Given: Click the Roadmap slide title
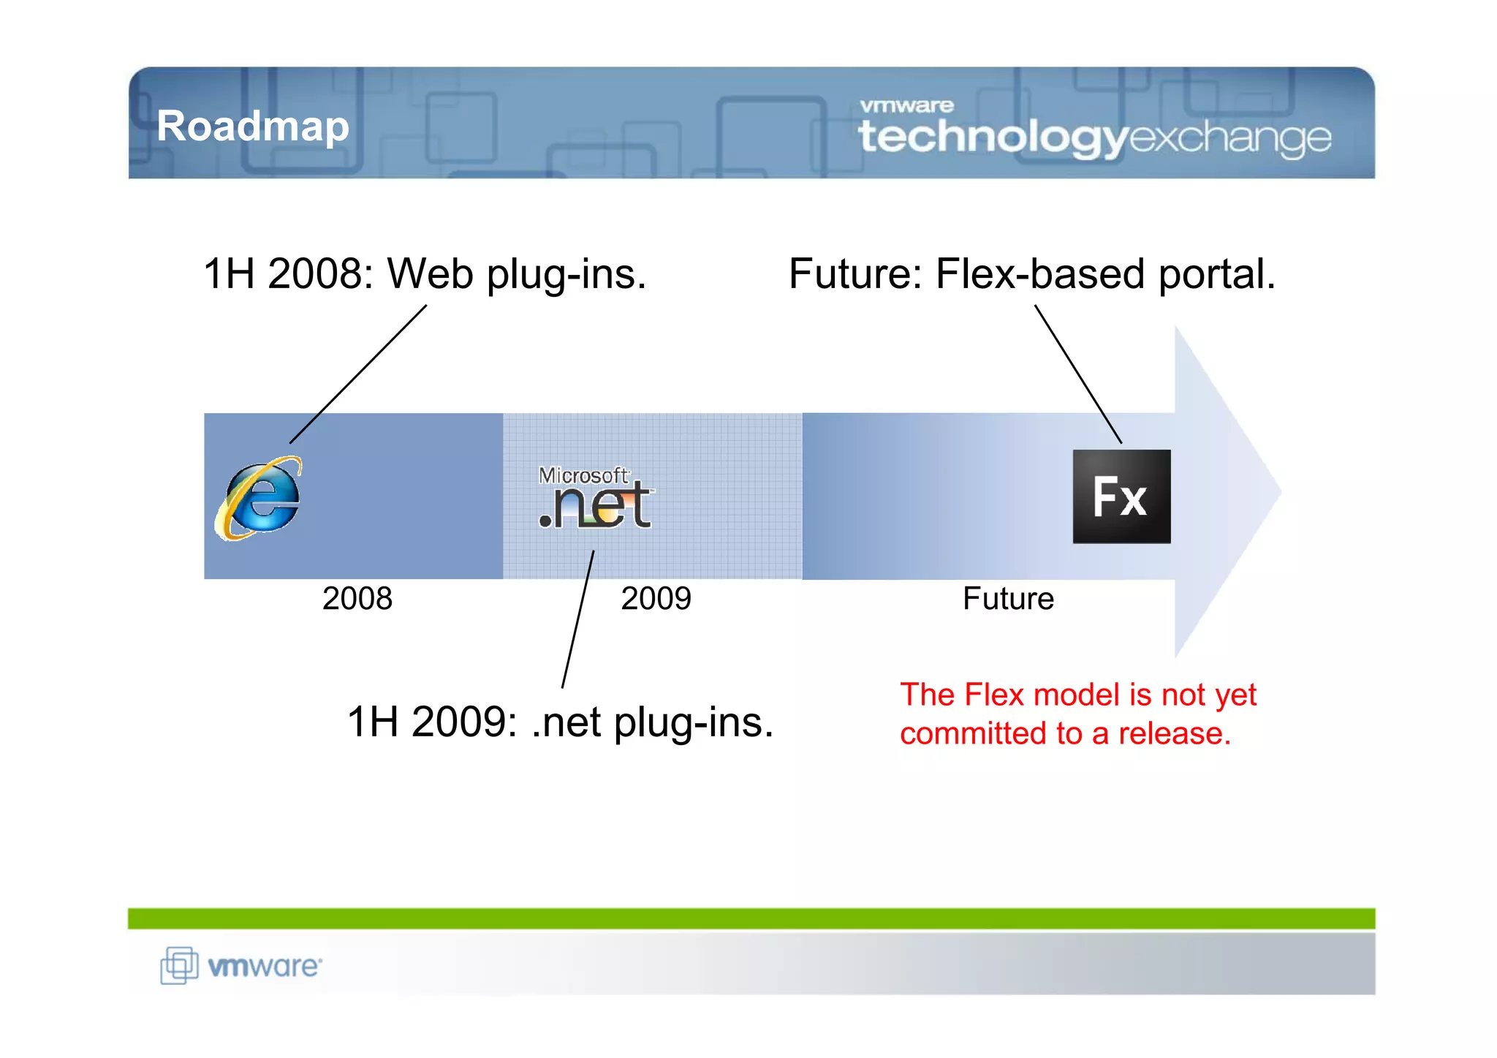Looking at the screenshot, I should coord(253,126).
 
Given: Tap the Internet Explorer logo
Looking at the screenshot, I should coord(259,498).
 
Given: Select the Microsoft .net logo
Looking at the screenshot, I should coord(596,498).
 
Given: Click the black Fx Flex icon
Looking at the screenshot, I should coord(1121,496).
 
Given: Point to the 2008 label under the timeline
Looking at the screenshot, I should coord(357,599).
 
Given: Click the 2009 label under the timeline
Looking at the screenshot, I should coord(656,599).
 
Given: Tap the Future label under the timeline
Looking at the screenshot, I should coord(1008,599).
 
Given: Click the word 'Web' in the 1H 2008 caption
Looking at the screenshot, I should coord(431,274).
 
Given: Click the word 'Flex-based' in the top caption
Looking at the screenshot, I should coord(1041,274).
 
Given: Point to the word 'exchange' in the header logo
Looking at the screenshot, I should coord(1231,137).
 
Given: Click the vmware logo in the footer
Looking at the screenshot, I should coord(241,966).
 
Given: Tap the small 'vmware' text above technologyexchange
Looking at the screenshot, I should coord(906,106).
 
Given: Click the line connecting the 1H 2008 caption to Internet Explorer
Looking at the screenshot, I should coord(358,374).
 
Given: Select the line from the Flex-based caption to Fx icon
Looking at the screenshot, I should coord(1078,374).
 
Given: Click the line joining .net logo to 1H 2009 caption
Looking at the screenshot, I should coord(577,619).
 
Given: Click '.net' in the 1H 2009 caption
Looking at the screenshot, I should coord(566,722).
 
